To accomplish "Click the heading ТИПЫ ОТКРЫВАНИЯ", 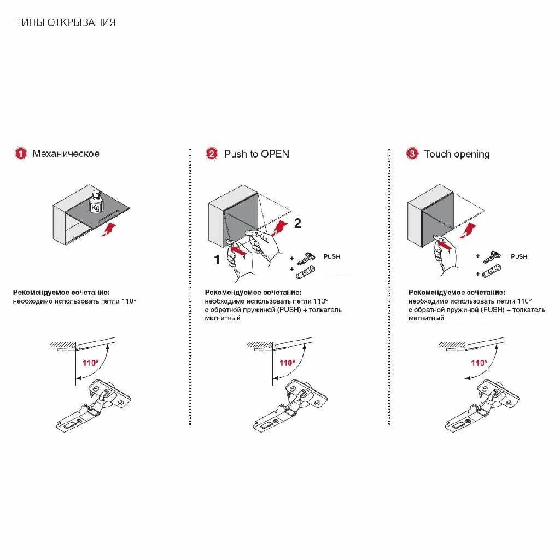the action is [x=66, y=22].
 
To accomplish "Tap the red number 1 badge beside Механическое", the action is [x=21, y=154].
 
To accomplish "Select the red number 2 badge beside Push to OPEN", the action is [x=212, y=154].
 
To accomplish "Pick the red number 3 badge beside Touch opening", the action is [x=412, y=154].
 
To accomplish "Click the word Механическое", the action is [x=66, y=154].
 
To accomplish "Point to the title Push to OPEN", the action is [x=257, y=154].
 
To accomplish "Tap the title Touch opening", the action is [x=457, y=154].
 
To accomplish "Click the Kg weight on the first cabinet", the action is [x=96, y=202].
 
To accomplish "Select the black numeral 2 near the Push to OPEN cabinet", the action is [x=297, y=223].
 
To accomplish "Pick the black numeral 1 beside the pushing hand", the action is [x=217, y=260].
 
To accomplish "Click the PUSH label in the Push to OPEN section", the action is [x=332, y=256].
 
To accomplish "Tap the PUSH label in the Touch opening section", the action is [x=519, y=256].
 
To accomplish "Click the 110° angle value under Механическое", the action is [x=90, y=363].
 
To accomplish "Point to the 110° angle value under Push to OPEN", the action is [x=288, y=363].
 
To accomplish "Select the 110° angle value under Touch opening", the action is [x=479, y=363].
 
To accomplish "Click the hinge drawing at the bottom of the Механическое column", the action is [x=94, y=404].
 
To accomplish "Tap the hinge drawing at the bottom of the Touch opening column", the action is [x=482, y=404].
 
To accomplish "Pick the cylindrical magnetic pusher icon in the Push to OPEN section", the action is [x=305, y=272].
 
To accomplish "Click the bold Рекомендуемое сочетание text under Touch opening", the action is [x=457, y=292].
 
